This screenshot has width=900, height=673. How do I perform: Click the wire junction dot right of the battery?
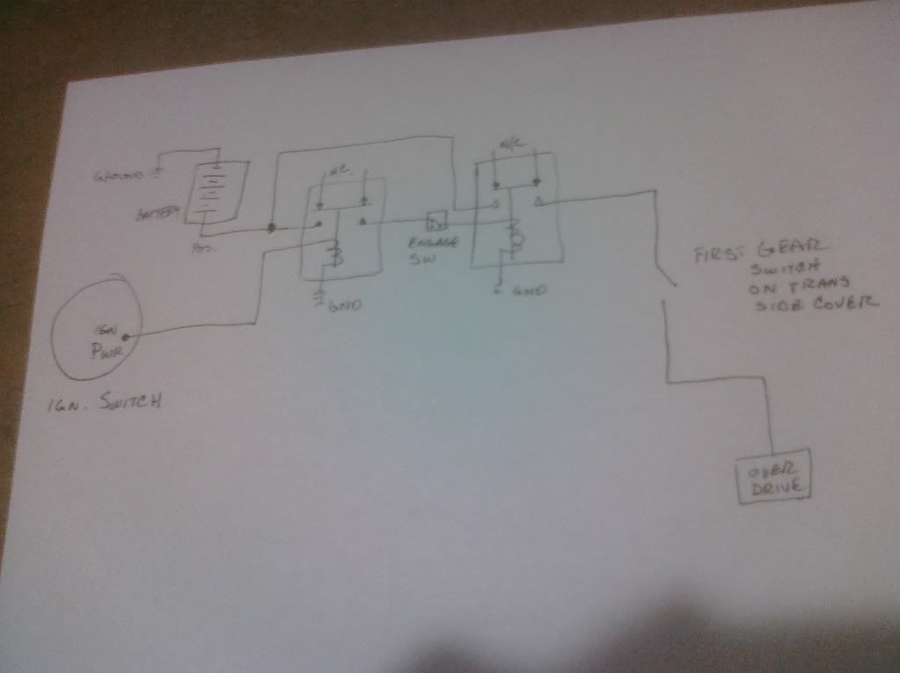pos(272,229)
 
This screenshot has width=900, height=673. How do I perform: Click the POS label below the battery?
pos(199,250)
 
